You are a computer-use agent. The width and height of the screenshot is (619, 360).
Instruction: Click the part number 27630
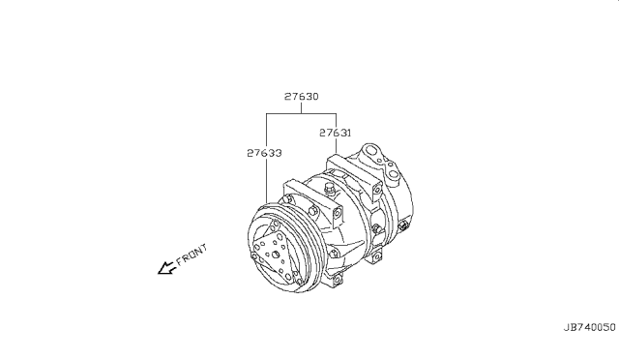point(301,97)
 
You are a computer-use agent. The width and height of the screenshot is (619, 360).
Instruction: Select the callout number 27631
point(336,133)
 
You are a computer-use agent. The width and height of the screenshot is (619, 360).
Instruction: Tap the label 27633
point(264,153)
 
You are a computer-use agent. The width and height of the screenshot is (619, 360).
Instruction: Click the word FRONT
point(192,255)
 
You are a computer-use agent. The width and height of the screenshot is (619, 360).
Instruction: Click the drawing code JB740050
point(589,327)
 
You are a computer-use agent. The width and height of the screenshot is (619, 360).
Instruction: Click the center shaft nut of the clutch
point(276,255)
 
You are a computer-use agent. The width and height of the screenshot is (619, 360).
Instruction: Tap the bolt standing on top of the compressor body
point(329,189)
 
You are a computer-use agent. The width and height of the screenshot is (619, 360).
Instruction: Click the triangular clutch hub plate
point(277,253)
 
